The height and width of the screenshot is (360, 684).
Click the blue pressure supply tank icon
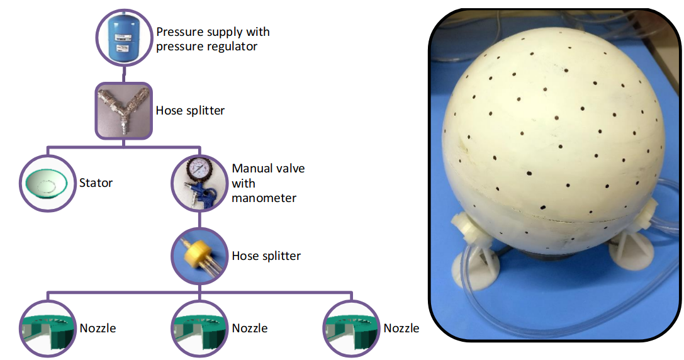pyautogui.click(x=124, y=38)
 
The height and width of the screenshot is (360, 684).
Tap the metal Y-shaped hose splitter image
pyautogui.click(x=124, y=111)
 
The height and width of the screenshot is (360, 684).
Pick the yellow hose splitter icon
pyautogui.click(x=199, y=256)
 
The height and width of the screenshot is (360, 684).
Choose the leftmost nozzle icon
pyautogui.click(x=48, y=329)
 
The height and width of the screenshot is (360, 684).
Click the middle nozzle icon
pyautogui.click(x=199, y=329)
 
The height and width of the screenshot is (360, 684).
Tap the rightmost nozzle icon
pyautogui.click(x=351, y=329)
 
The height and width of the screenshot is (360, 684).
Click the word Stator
pyautogui.click(x=96, y=183)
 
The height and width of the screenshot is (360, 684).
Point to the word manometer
pyautogui.click(x=264, y=198)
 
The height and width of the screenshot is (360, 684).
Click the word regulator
pyautogui.click(x=232, y=47)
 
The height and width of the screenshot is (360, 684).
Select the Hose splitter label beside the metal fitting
pyautogui.click(x=190, y=111)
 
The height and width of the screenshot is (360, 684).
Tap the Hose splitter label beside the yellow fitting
pyautogui.click(x=266, y=256)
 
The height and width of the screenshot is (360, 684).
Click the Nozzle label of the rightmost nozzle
pyautogui.click(x=401, y=328)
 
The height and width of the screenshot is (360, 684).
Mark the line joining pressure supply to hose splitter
pyautogui.click(x=124, y=74)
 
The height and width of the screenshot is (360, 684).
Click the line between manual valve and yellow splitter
pyautogui.click(x=199, y=220)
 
